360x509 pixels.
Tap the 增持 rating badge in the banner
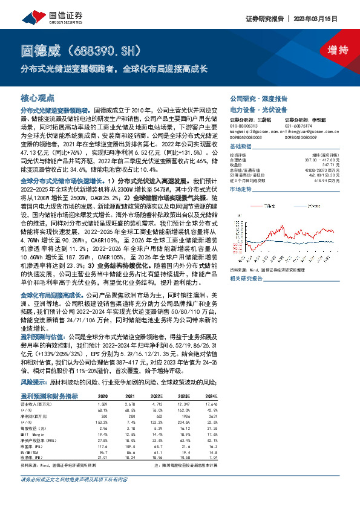click(x=332, y=51)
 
